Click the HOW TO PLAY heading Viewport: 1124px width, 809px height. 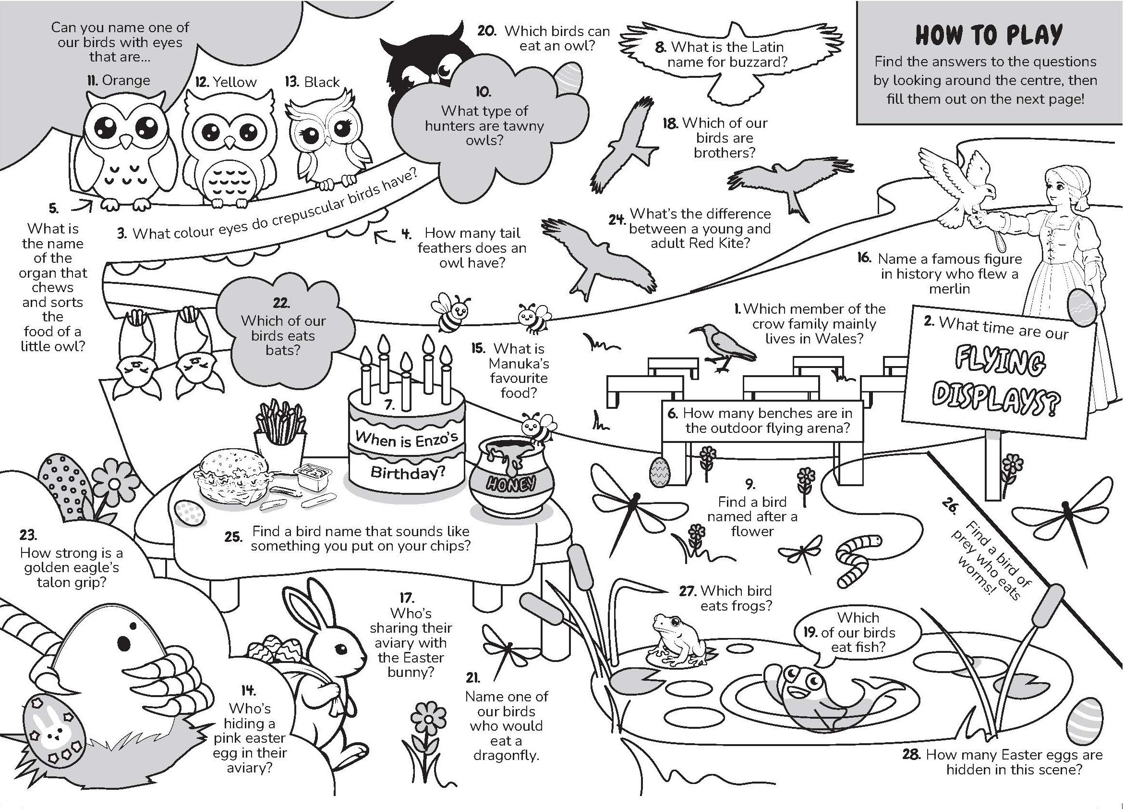[989, 35]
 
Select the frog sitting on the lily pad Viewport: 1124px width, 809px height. [678, 641]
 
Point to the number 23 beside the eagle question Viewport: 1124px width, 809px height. [29, 535]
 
